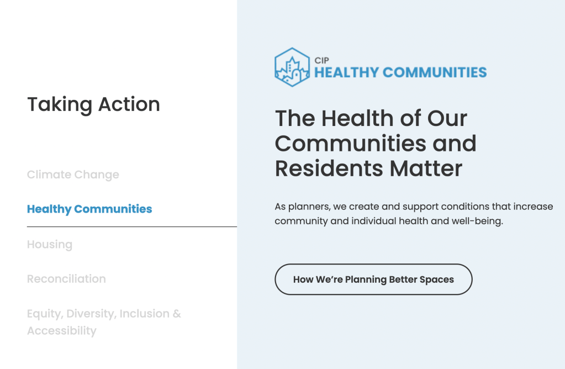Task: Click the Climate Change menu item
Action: (x=73, y=175)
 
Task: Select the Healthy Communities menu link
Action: (x=89, y=209)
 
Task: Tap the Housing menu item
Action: (x=50, y=244)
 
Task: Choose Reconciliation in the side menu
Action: (x=66, y=279)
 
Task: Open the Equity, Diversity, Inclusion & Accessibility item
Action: (x=104, y=314)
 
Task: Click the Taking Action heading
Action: (x=93, y=104)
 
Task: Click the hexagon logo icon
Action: (x=292, y=67)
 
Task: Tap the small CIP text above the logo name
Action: (x=322, y=61)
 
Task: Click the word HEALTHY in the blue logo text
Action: (x=346, y=72)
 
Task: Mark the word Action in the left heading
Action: (x=129, y=104)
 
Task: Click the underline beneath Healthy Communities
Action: (x=131, y=226)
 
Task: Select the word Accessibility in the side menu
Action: (x=62, y=331)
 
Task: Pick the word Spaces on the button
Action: (x=436, y=280)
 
